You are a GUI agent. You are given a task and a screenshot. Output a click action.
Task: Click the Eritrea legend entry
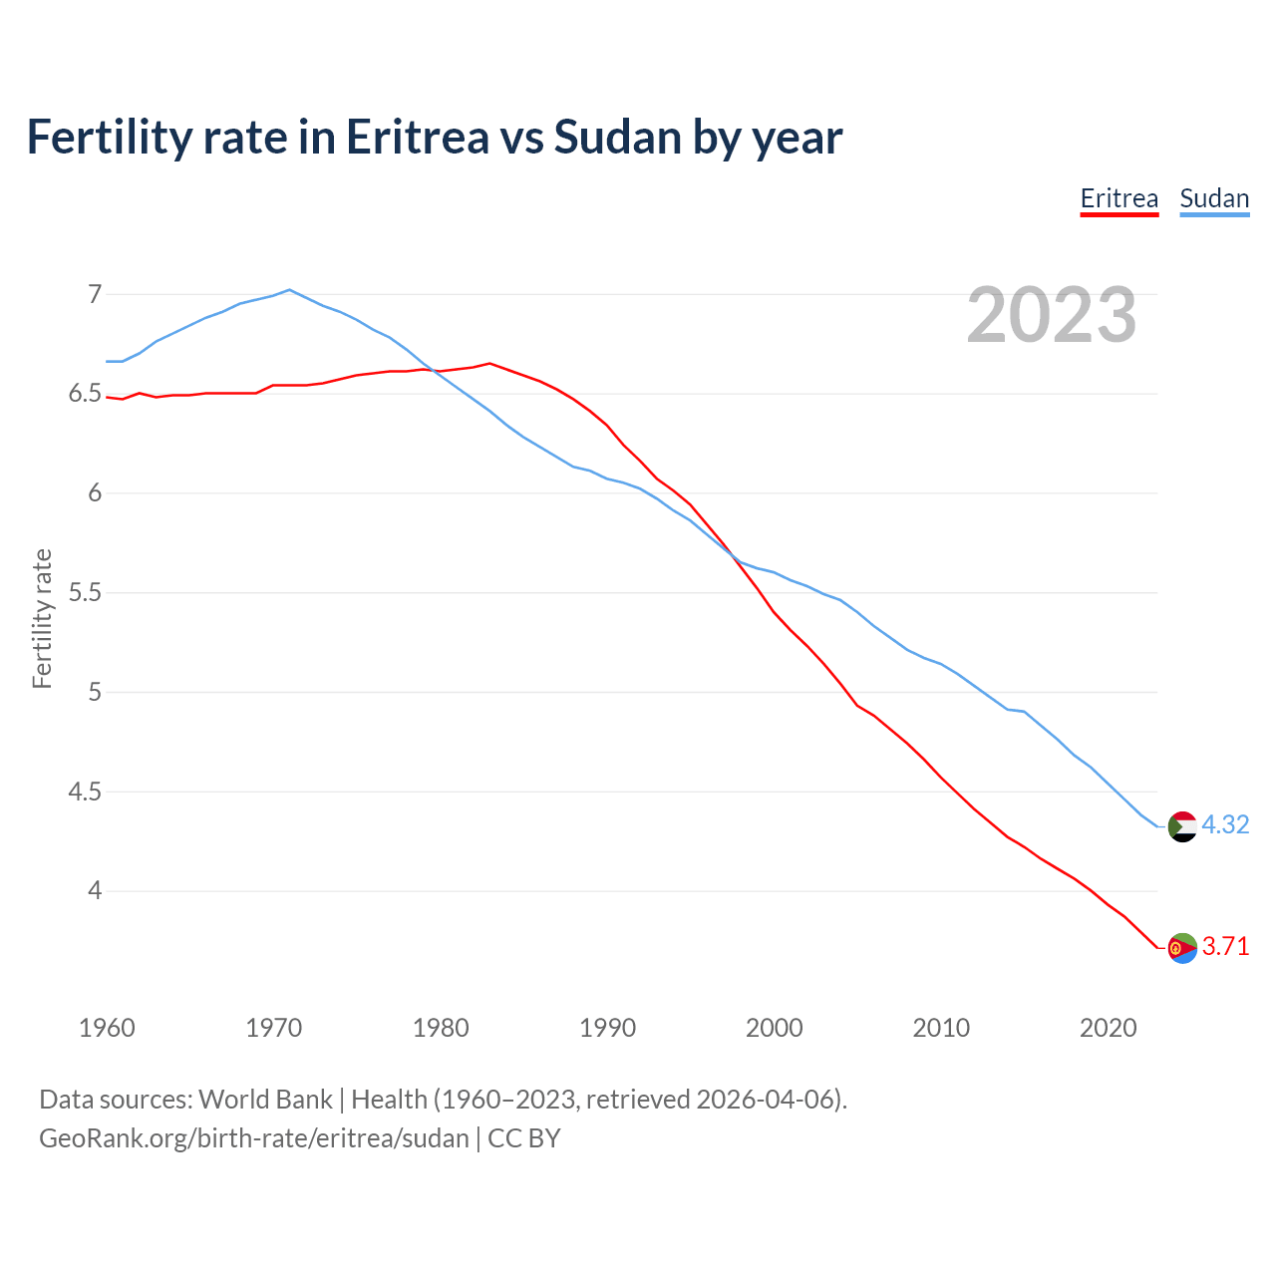point(1118,198)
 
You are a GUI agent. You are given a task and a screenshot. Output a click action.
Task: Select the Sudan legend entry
point(1214,198)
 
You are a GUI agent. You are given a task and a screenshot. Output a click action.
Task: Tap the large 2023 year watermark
point(1051,315)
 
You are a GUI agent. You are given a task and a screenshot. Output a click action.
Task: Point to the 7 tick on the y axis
point(95,294)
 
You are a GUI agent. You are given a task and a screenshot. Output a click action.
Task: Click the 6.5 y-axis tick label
point(86,394)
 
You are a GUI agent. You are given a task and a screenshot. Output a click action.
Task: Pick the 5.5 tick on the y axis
point(86,593)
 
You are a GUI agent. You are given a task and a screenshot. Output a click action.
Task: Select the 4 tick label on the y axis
point(95,890)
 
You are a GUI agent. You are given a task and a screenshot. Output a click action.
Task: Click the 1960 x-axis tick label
point(107,1028)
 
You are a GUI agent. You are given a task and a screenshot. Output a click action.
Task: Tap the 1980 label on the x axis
point(441,1028)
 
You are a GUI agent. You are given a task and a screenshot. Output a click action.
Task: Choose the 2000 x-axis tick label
point(774,1028)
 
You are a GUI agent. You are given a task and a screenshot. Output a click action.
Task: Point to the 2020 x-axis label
point(1108,1028)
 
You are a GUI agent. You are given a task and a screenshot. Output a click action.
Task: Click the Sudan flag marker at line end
point(1182,826)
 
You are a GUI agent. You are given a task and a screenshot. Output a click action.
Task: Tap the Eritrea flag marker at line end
point(1182,948)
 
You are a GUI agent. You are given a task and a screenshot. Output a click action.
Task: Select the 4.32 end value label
point(1225,825)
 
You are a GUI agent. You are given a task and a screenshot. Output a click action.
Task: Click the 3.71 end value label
point(1225,947)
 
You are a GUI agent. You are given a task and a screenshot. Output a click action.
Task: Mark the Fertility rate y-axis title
point(42,618)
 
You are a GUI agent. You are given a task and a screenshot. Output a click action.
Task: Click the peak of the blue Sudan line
point(289,290)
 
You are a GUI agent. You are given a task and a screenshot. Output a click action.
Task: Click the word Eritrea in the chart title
point(417,137)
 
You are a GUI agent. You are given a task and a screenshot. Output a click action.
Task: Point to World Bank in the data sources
point(265,1100)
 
